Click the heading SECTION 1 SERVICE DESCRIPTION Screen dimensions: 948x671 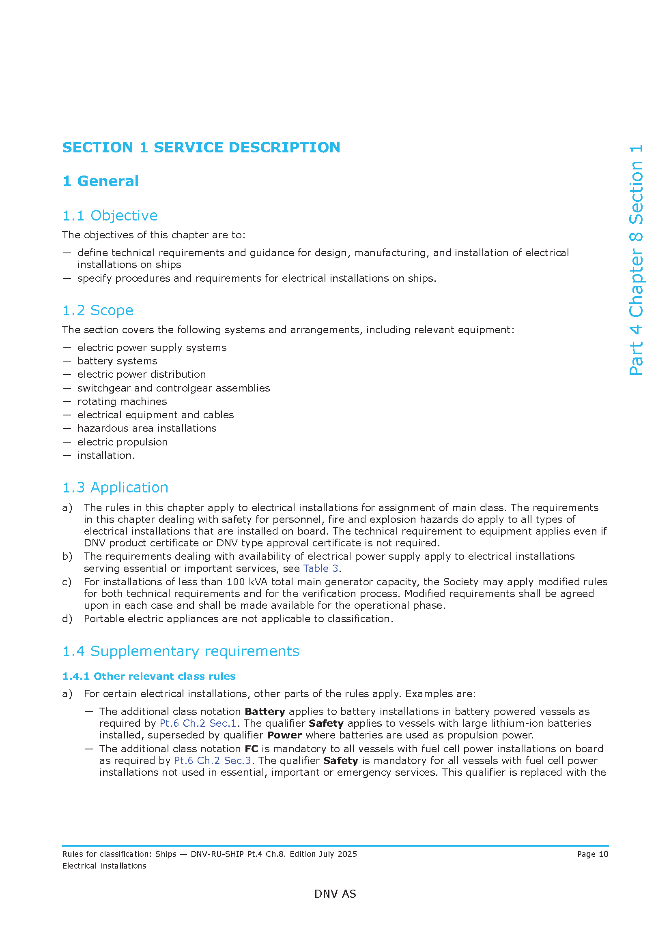coord(201,148)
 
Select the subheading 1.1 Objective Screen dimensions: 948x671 coord(110,216)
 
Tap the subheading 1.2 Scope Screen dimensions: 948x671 coord(97,310)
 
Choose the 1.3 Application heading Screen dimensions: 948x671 coord(115,488)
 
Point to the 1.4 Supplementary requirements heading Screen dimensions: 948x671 coord(181,651)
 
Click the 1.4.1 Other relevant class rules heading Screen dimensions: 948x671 coord(149,676)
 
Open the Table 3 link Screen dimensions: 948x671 coord(320,569)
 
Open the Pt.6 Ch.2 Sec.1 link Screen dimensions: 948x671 coord(198,723)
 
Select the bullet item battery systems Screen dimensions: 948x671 coord(117,361)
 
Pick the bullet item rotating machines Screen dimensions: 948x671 coord(122,402)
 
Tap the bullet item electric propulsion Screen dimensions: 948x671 coord(123,442)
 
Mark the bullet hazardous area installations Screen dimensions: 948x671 coord(147,428)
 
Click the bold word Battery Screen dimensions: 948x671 coord(265,712)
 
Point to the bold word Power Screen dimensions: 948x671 coord(284,735)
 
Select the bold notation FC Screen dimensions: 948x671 coord(251,749)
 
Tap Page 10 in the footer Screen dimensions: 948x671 coord(592,854)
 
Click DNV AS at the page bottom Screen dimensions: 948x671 coord(335,894)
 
